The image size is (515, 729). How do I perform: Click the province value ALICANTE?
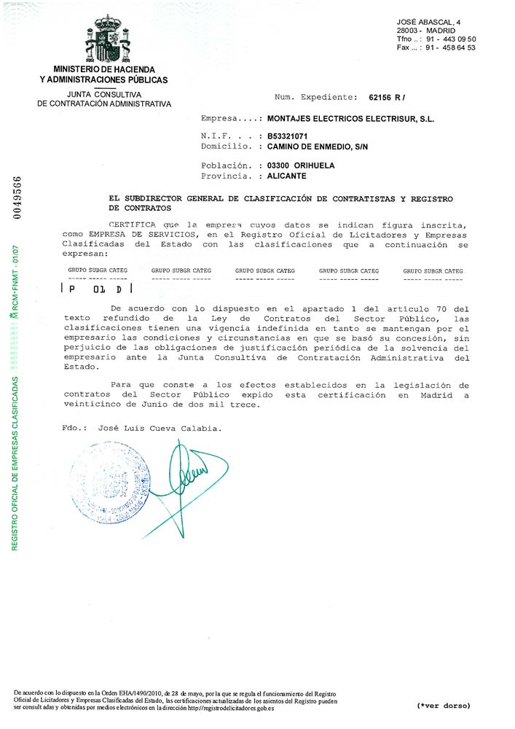[x=287, y=176]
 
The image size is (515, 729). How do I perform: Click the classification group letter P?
[x=71, y=289]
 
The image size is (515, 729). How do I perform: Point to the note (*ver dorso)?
[x=444, y=706]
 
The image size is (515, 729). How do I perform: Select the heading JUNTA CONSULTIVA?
[x=103, y=95]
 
